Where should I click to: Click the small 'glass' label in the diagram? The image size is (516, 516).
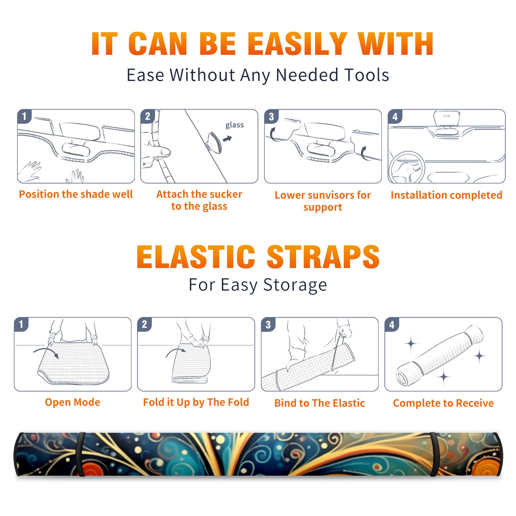pyautogui.click(x=234, y=125)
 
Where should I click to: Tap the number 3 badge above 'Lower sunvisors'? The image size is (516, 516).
pyautogui.click(x=272, y=116)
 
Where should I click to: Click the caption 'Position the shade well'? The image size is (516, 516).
pyautogui.click(x=76, y=194)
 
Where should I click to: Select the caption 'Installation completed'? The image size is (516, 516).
pyautogui.click(x=446, y=195)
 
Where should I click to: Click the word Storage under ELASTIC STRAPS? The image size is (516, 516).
pyautogui.click(x=295, y=285)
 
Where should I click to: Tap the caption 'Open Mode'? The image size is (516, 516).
pyautogui.click(x=73, y=402)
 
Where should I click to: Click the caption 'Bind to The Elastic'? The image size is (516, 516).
pyautogui.click(x=319, y=403)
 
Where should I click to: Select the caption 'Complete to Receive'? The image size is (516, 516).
pyautogui.click(x=443, y=403)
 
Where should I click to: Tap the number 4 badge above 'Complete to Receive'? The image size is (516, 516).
pyautogui.click(x=392, y=324)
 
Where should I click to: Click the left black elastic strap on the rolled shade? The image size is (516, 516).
pyautogui.click(x=80, y=454)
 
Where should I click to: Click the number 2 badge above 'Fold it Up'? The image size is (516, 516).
pyautogui.click(x=144, y=324)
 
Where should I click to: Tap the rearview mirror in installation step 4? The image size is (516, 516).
pyautogui.click(x=447, y=119)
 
